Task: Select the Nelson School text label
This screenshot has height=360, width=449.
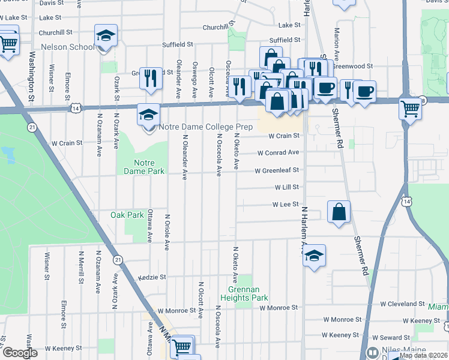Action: point(68,47)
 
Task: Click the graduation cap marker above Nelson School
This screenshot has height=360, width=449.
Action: point(106,35)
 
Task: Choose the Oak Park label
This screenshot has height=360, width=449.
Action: point(127,215)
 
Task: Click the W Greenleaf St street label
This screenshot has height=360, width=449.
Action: point(277,171)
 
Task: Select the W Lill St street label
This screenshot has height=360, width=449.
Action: point(287,188)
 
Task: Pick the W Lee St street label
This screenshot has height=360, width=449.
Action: point(286,205)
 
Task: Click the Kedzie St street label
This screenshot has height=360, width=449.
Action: point(151,278)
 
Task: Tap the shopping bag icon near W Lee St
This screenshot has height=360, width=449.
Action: point(339,211)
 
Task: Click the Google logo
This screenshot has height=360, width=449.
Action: point(19,353)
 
